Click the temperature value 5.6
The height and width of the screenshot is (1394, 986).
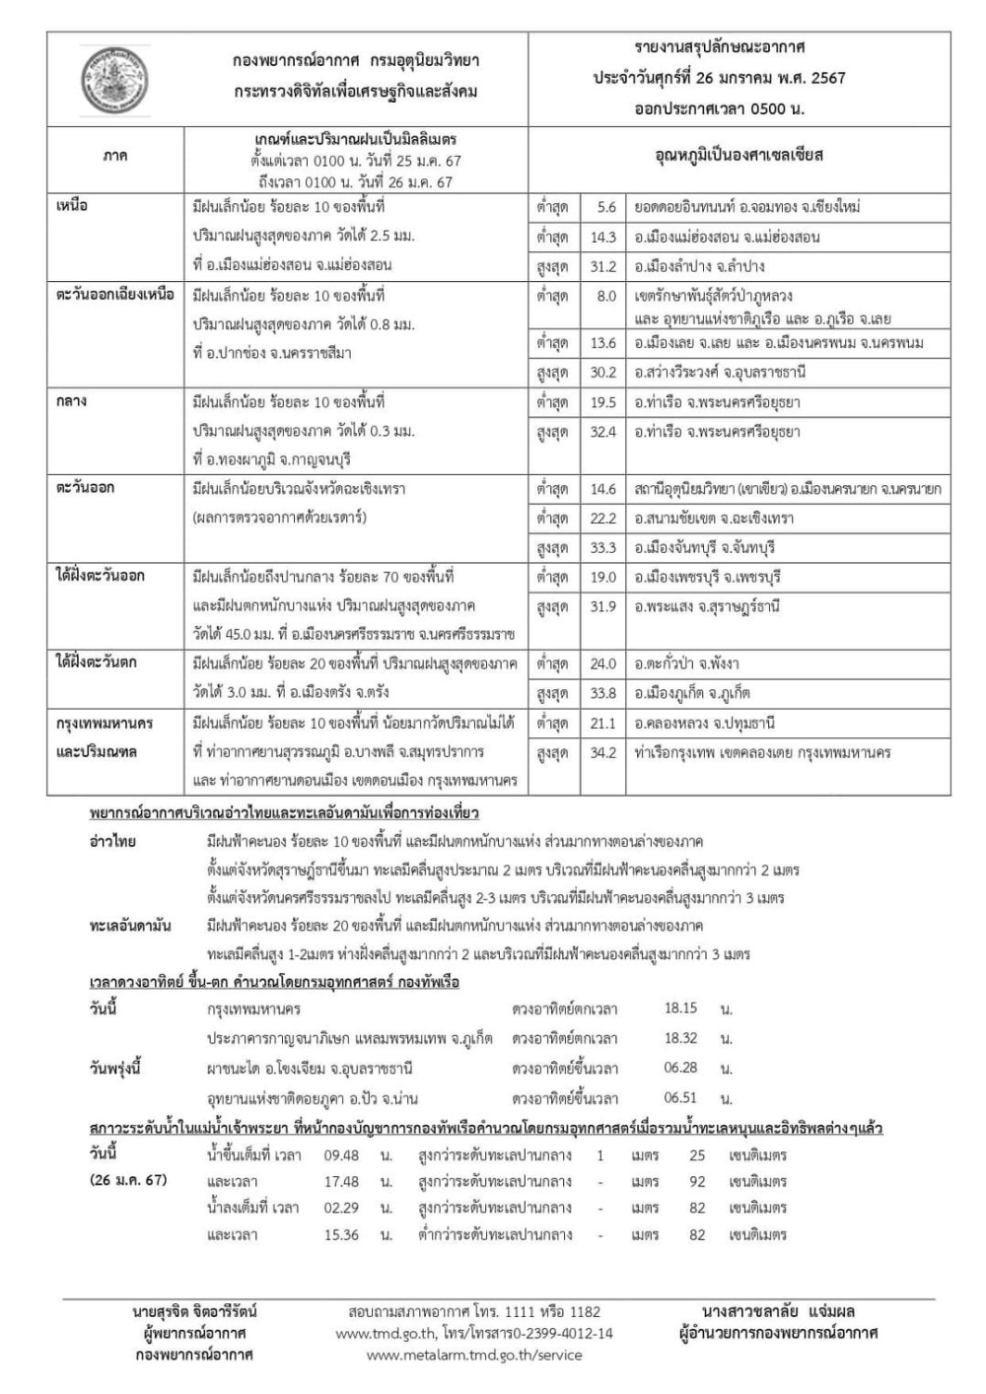click(x=605, y=207)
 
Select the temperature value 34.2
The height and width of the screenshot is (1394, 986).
click(x=602, y=752)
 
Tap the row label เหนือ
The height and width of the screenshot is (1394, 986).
click(x=72, y=206)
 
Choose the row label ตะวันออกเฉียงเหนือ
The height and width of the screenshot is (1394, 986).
click(x=114, y=294)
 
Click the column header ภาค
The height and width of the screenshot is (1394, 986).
click(x=114, y=156)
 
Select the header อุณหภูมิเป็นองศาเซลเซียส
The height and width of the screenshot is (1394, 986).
click(x=739, y=156)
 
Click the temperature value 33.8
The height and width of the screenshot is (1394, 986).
click(x=602, y=693)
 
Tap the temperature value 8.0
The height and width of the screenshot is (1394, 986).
click(x=605, y=295)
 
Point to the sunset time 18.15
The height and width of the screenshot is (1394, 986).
click(x=680, y=1009)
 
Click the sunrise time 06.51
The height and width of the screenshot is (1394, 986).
click(x=680, y=1097)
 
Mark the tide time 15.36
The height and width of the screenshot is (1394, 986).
click(x=341, y=1234)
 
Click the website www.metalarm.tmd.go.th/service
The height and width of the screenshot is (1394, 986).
click(x=474, y=1355)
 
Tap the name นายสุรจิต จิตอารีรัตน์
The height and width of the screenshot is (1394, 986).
click(x=194, y=1311)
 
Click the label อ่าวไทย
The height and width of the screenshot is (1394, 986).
click(x=112, y=842)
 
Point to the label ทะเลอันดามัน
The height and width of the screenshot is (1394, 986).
click(x=130, y=926)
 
